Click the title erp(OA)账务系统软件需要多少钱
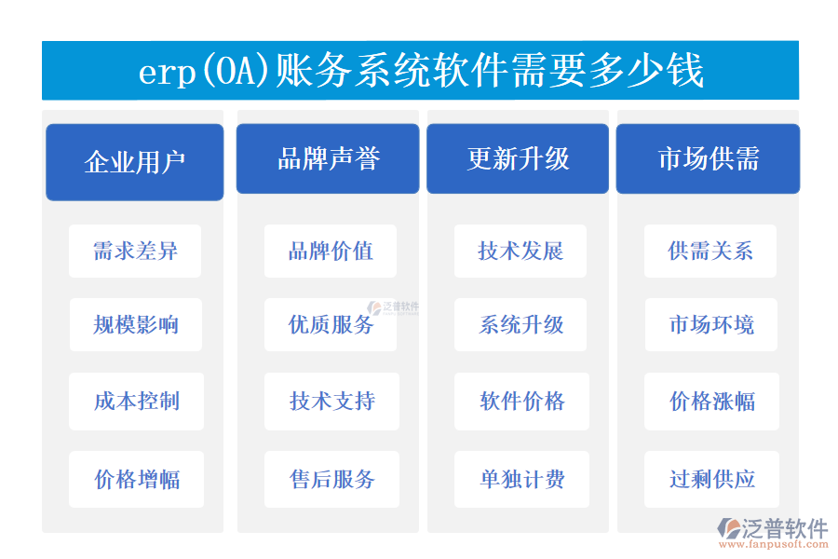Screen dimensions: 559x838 [420, 71]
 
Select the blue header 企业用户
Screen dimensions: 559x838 [135, 161]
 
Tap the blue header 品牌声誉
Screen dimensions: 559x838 [329, 158]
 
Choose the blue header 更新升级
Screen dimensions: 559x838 [518, 158]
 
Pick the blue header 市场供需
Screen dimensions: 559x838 [708, 158]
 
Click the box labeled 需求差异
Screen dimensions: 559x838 [135, 251]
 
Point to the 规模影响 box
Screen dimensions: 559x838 [135, 325]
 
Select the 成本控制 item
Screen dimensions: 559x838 [135, 402]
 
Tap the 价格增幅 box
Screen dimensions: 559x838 [135, 480]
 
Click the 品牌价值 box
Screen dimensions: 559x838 [331, 251]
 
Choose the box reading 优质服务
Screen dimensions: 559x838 [331, 325]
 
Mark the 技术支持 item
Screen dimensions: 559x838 [331, 402]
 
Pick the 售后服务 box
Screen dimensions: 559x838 [331, 480]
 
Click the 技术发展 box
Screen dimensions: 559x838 [520, 251]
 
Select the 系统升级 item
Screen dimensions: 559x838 [520, 325]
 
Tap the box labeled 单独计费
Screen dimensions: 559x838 [520, 480]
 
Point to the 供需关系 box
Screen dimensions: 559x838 [710, 251]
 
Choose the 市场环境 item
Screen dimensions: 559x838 [710, 325]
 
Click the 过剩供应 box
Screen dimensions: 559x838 [710, 480]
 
